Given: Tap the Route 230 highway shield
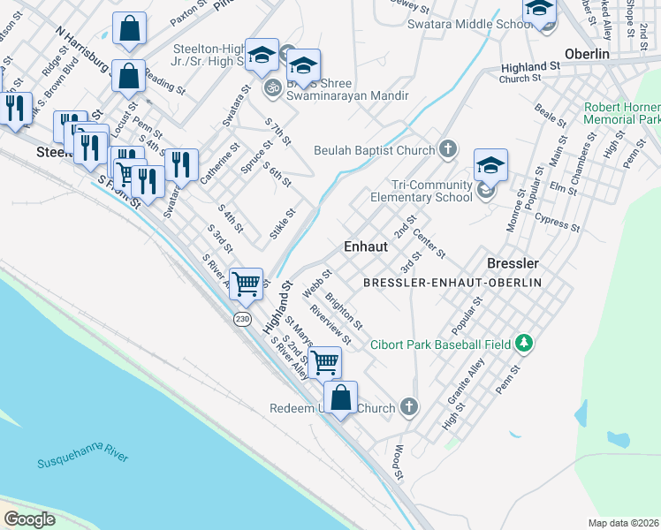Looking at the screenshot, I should (x=241, y=318).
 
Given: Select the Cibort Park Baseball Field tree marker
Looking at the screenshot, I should (x=524, y=343).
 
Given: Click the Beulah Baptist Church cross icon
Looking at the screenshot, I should (x=448, y=148).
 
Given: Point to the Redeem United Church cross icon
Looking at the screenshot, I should (x=407, y=407).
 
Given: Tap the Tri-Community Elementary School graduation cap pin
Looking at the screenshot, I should (x=490, y=165).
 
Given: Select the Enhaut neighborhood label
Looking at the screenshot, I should (x=365, y=246).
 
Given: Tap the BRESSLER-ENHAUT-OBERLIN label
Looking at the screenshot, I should (x=452, y=282).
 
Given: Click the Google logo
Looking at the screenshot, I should (x=29, y=519).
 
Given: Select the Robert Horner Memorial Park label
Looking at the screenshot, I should (x=622, y=113).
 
